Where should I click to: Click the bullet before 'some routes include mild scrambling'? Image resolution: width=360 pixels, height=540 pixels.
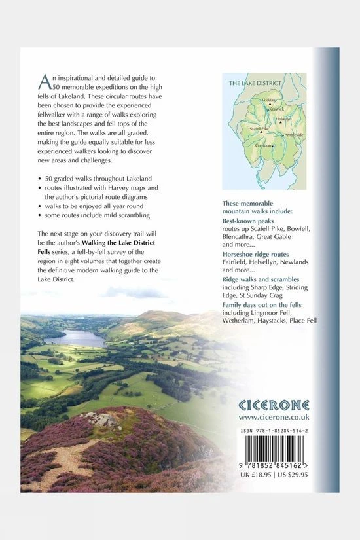(x=40, y=215)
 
